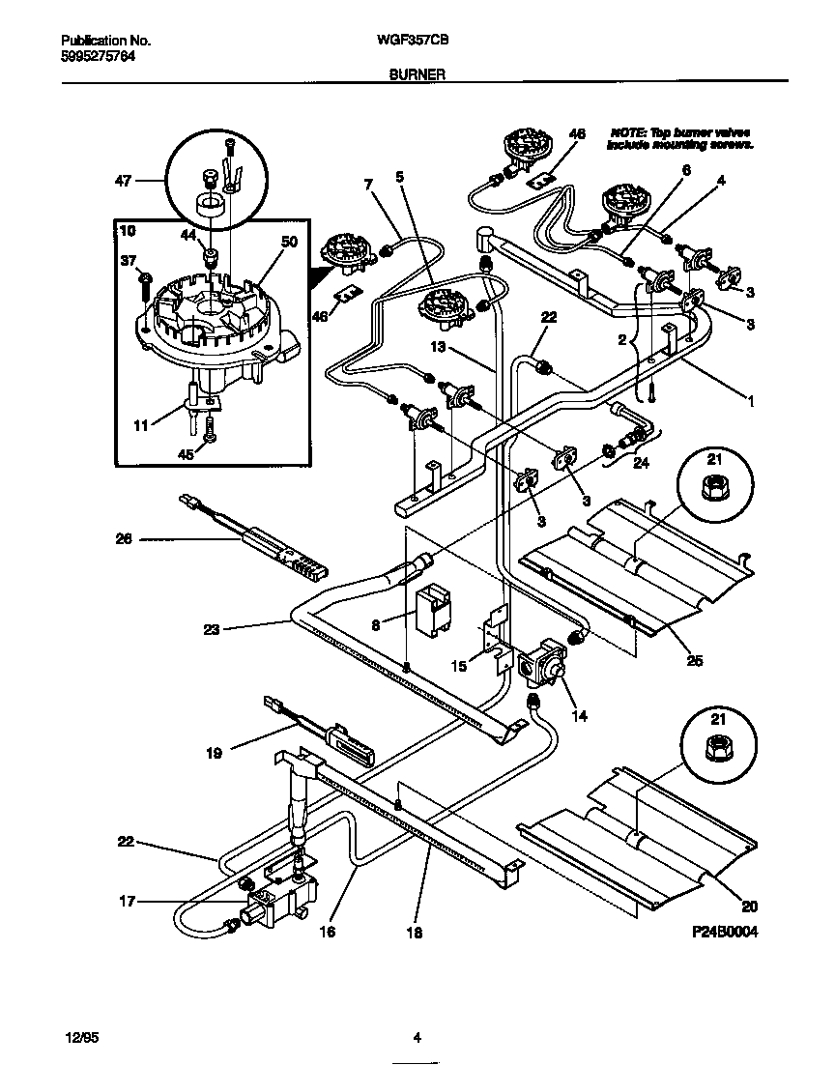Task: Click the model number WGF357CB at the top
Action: pyautogui.click(x=417, y=43)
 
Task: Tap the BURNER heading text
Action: pyautogui.click(x=417, y=72)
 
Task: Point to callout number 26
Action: pyautogui.click(x=125, y=540)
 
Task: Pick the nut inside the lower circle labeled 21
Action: pyautogui.click(x=716, y=744)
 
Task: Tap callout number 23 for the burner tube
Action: pyautogui.click(x=212, y=629)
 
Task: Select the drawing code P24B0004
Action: pyautogui.click(x=724, y=935)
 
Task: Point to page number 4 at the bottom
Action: pyautogui.click(x=417, y=1039)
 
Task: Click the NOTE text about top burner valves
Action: pyautogui.click(x=679, y=138)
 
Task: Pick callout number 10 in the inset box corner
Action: pyautogui.click(x=129, y=232)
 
